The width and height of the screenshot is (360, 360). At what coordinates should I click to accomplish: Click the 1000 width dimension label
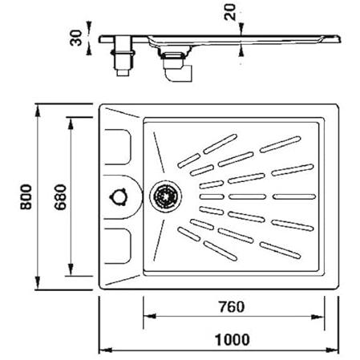(x=233, y=340)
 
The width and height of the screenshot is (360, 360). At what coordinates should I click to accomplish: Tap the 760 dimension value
(x=232, y=307)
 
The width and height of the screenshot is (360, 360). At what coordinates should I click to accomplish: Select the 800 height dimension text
(x=26, y=197)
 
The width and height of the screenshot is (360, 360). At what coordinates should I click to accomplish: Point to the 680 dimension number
(x=60, y=197)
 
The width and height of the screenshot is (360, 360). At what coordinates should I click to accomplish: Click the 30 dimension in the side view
(x=75, y=38)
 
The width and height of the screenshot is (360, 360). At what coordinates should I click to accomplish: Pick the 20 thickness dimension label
(x=230, y=12)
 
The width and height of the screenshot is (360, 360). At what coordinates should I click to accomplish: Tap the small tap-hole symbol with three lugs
(x=118, y=197)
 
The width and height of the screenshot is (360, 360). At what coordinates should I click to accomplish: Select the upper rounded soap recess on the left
(x=118, y=147)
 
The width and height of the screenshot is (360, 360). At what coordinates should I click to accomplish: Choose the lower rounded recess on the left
(x=118, y=246)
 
